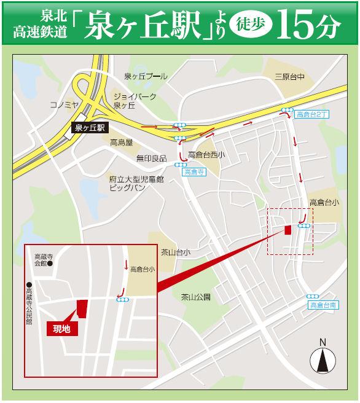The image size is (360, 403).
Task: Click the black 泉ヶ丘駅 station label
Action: coord(90,128)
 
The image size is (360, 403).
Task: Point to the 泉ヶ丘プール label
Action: coord(145,76)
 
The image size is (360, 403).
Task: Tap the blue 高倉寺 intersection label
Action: coord(192,173)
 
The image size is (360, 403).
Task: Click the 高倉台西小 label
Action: coord(206,155)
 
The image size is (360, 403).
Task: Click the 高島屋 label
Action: coord(122,143)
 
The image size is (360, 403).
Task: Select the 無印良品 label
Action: coord(151,158)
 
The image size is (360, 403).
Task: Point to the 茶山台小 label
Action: coord(176,252)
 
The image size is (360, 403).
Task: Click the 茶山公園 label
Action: coord(196,297)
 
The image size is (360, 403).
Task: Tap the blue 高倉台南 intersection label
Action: coord(322,305)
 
